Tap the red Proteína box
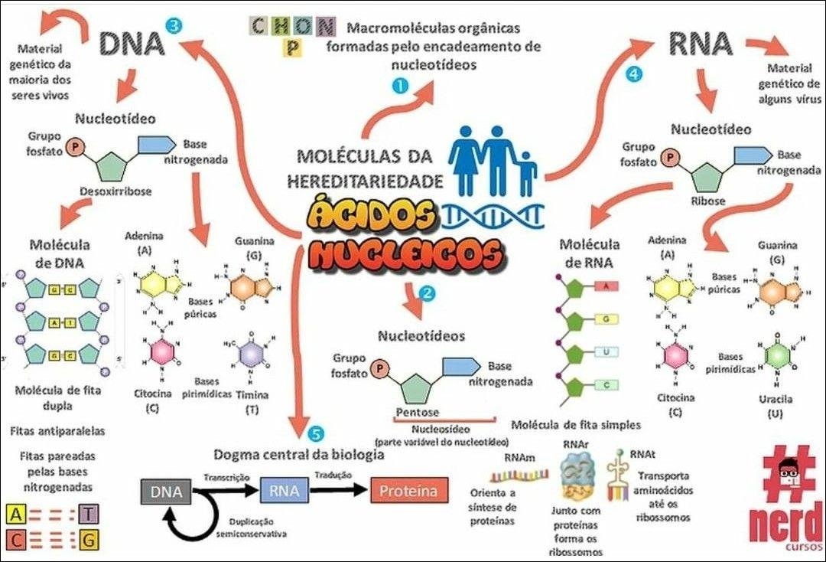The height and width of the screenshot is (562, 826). [x=408, y=491]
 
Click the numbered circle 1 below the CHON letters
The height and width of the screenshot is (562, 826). [x=399, y=87]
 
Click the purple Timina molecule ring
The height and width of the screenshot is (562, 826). [x=251, y=354]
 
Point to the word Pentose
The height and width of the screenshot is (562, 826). [x=417, y=413]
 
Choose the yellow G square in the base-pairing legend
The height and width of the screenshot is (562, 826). [x=89, y=541]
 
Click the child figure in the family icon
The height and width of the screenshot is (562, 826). [x=527, y=174]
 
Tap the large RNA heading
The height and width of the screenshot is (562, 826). [x=701, y=44]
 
